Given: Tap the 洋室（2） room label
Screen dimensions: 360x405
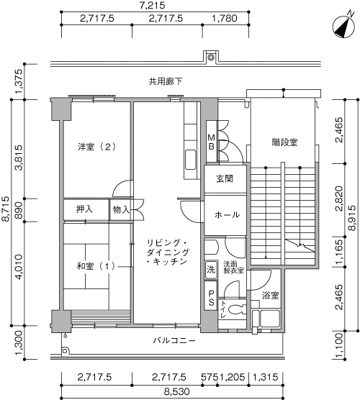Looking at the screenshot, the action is click(96, 147).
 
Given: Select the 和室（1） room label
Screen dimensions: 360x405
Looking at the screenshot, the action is click(96, 266).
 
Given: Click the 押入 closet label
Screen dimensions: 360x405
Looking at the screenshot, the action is click(84, 209).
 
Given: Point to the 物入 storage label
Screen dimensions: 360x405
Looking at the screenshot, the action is click(121, 209).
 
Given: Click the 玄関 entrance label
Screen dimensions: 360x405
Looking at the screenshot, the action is click(225, 178).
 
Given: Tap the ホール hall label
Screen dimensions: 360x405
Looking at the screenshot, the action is click(227, 214).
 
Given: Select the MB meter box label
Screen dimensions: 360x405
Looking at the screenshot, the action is click(212, 142).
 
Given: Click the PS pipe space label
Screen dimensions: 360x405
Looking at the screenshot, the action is click(212, 298).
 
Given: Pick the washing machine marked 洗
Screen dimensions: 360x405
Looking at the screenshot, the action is click(211, 270).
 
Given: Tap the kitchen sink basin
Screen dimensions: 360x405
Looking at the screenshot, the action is click(191, 160).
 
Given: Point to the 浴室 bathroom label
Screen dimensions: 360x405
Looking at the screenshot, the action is click(270, 295).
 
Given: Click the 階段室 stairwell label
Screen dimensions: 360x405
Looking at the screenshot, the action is click(284, 142).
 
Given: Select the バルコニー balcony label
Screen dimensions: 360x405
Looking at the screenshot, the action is click(174, 340).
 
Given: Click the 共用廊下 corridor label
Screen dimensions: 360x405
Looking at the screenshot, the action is click(166, 81).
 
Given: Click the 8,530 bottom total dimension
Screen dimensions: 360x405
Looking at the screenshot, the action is click(177, 391).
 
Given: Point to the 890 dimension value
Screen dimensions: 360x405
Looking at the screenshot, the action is click(19, 210).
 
